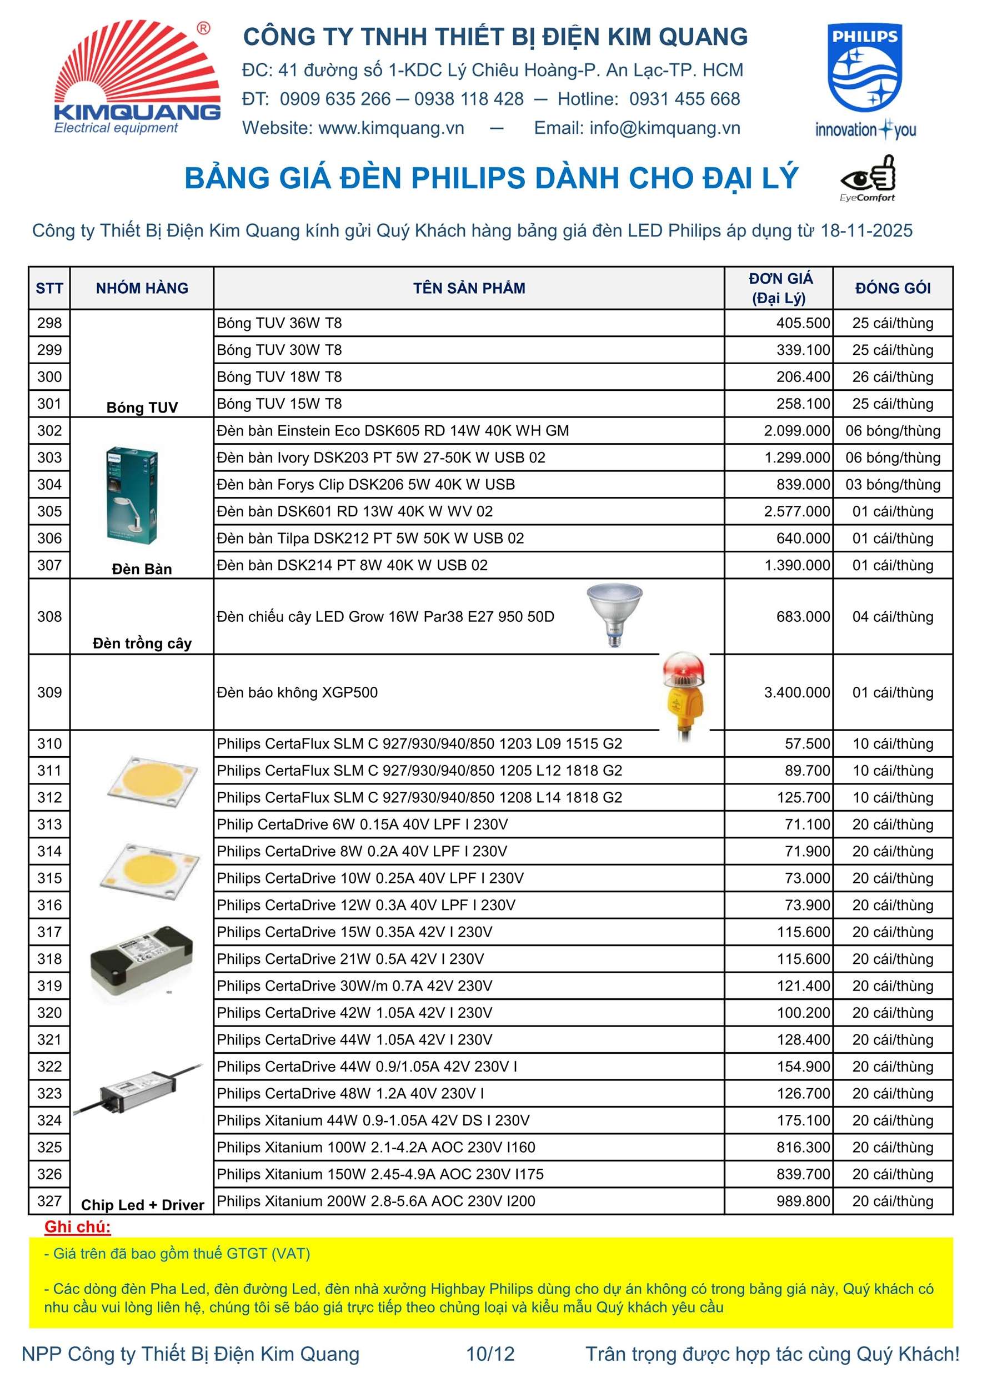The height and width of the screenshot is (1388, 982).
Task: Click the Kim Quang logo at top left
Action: pos(137,77)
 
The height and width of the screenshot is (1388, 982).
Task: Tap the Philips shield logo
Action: pos(865,68)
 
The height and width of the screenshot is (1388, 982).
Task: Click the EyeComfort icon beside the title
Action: pos(868,178)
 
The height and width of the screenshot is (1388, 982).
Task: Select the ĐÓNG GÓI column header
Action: pos(893,288)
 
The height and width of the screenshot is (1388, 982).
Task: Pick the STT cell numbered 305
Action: pos(49,511)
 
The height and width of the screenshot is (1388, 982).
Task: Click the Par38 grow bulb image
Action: pos(614,614)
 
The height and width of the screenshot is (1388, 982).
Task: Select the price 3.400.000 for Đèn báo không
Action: pos(796,693)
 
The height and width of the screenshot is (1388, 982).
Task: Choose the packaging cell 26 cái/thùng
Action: pos(893,377)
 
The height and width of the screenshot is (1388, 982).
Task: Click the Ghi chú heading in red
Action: pos(77,1226)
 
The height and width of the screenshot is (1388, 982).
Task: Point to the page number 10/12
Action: pos(490,1354)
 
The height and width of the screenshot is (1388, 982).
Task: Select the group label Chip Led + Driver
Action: pos(142,1205)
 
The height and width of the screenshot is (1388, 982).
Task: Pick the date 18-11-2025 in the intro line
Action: pos(866,231)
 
